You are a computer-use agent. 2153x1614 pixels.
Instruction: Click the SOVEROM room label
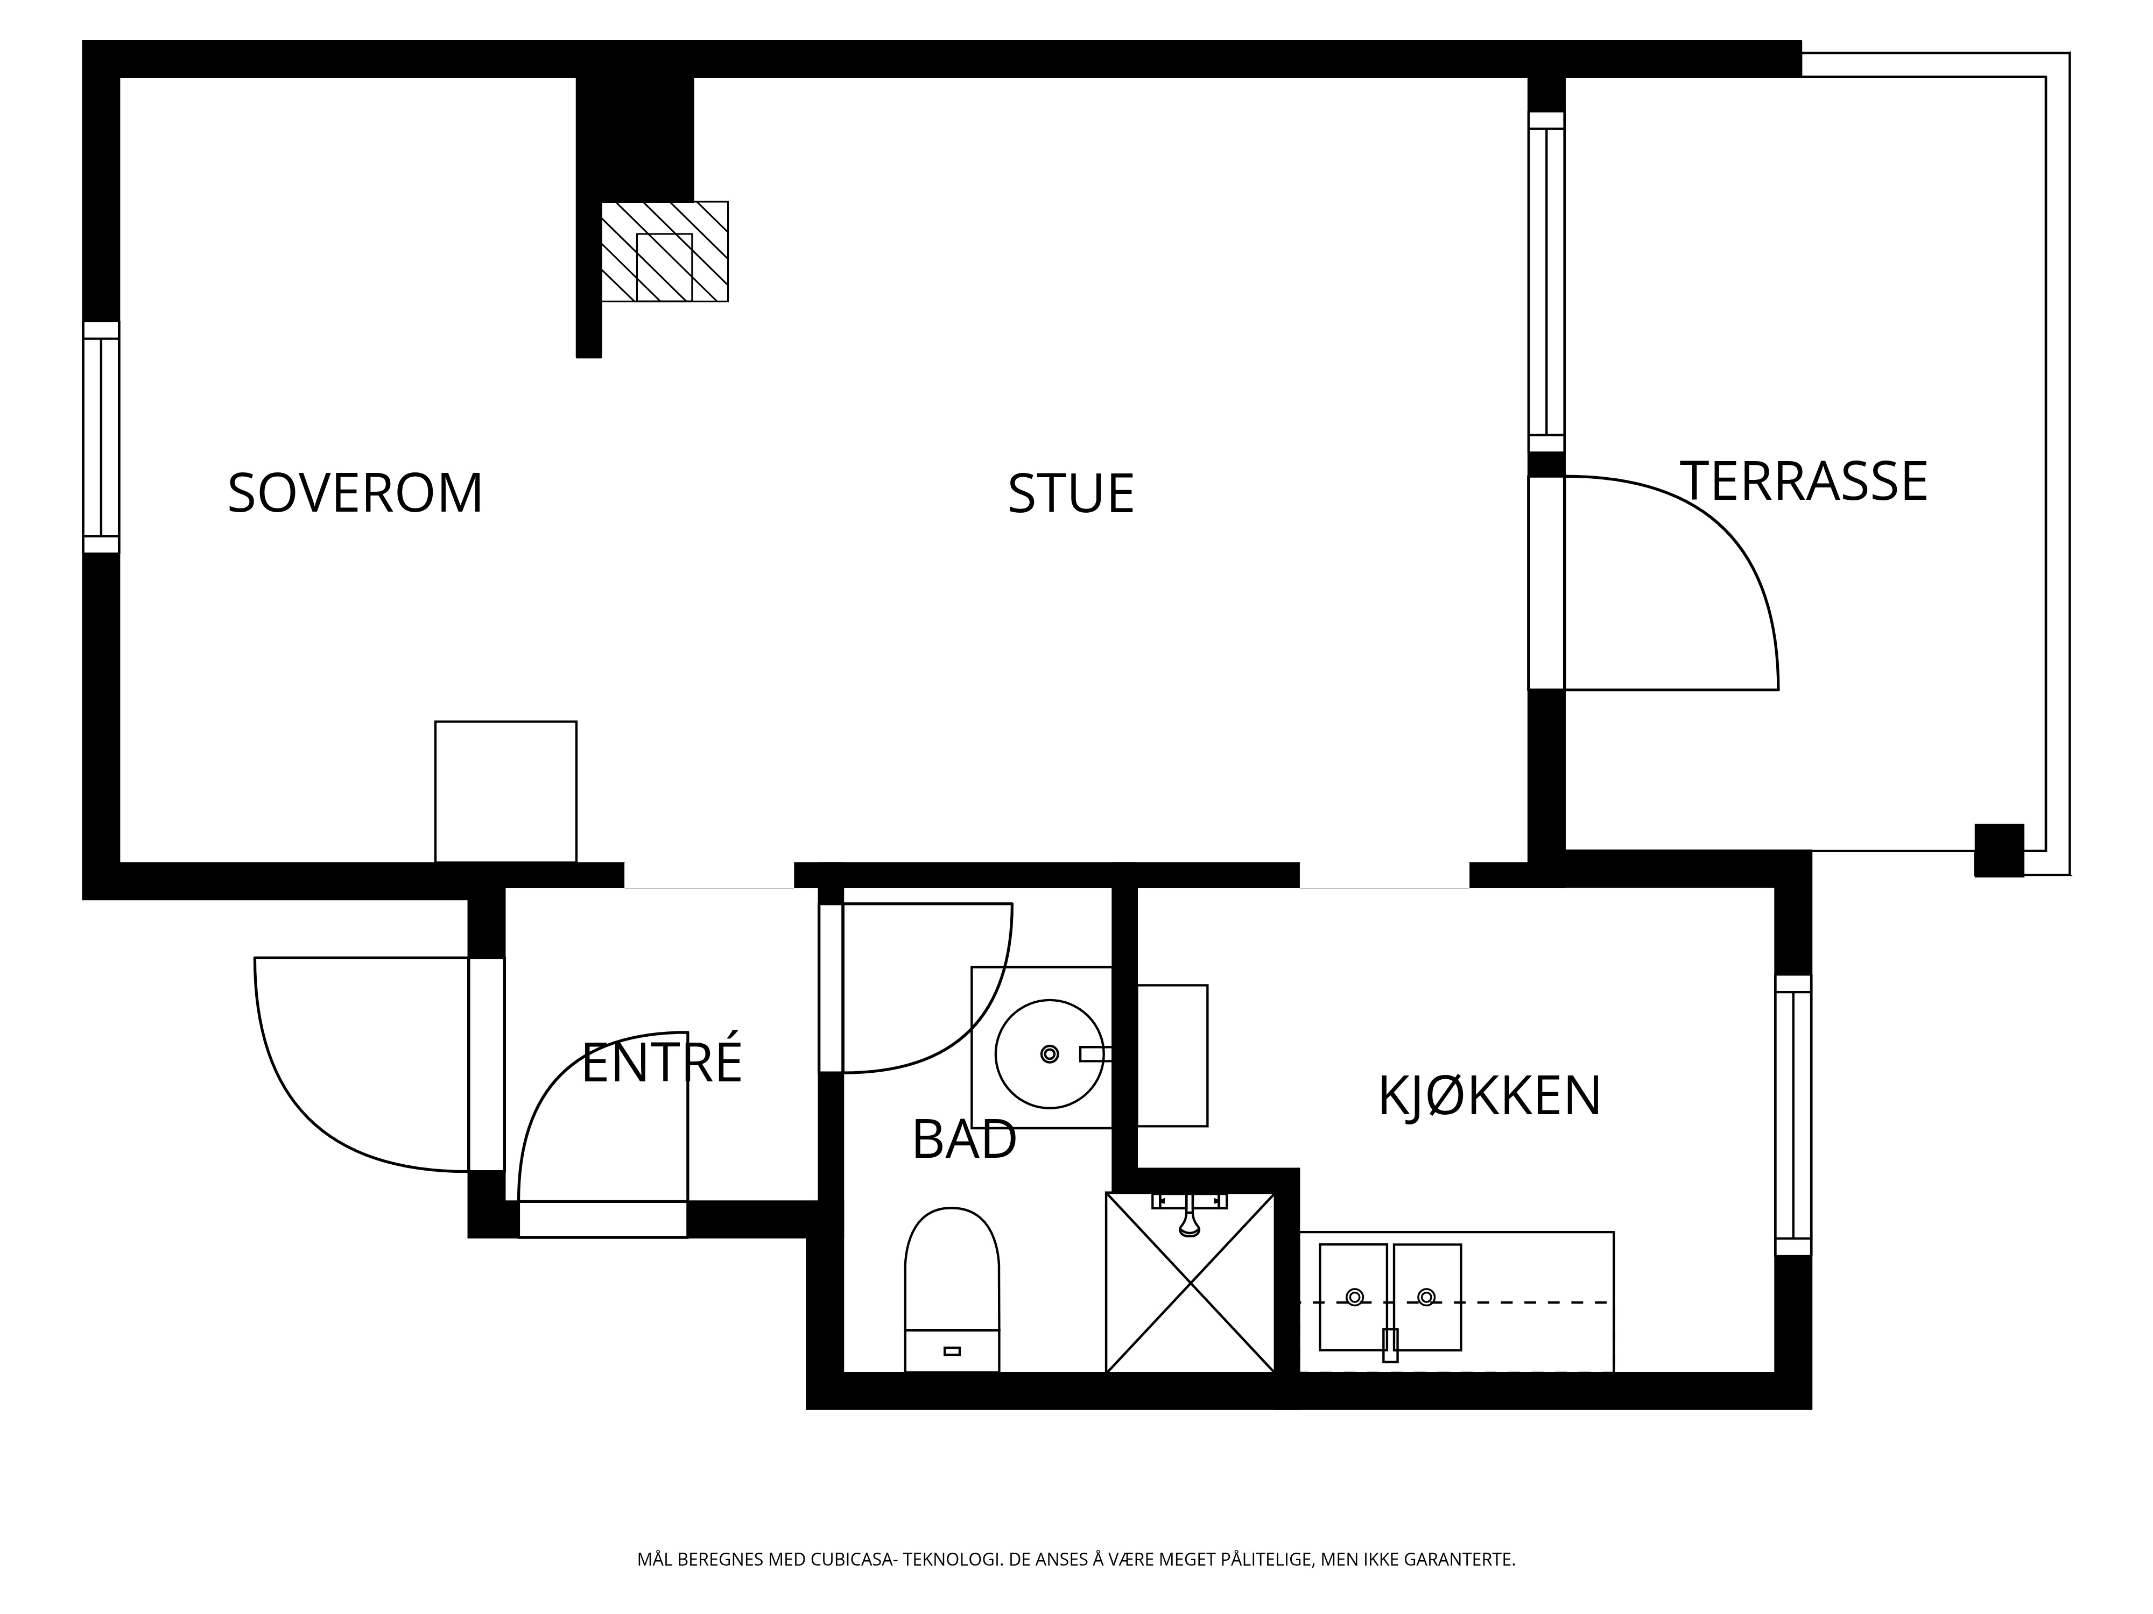[355, 493]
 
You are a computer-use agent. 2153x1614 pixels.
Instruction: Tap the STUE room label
[1071, 494]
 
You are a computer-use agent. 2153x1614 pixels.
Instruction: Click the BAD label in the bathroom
[963, 1139]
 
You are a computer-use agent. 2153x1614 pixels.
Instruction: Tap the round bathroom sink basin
[1049, 1053]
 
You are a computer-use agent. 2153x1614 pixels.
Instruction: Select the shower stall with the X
[1191, 1282]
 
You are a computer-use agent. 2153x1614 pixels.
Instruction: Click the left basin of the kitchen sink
[1353, 1297]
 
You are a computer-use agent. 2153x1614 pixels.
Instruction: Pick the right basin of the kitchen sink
[1427, 1297]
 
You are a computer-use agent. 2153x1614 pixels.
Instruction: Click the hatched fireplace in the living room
[665, 251]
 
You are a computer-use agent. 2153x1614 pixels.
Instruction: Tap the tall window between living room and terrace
[1546, 282]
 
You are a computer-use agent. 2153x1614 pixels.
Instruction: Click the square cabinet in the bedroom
[505, 792]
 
